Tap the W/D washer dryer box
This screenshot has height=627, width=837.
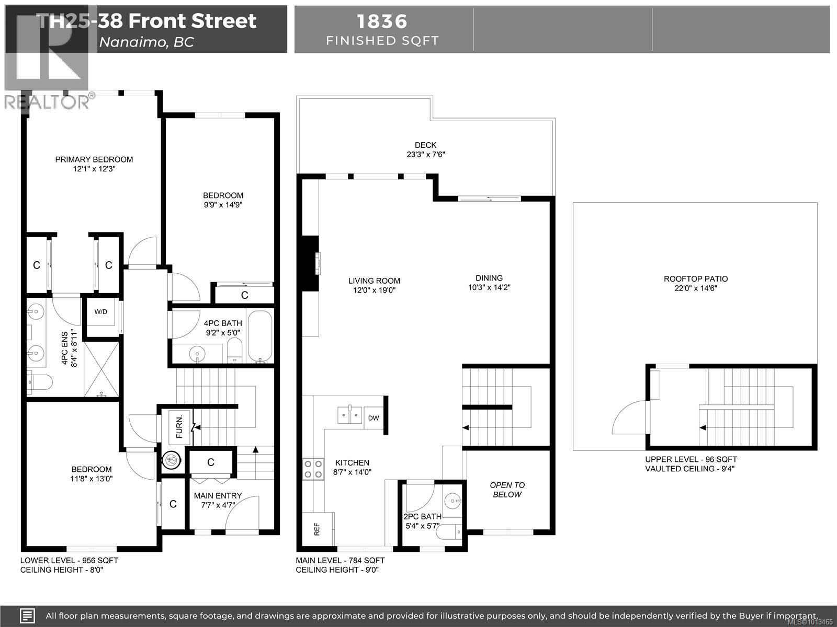pos(101,312)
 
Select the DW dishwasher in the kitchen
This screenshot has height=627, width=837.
pos(374,418)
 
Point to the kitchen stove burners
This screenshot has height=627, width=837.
pos(313,469)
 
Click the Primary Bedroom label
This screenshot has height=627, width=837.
pos(94,159)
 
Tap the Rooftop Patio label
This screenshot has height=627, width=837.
pos(695,279)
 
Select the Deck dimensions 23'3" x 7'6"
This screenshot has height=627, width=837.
pos(425,155)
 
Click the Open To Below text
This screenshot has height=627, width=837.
pos(507,490)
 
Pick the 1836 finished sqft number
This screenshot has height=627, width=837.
pos(382,21)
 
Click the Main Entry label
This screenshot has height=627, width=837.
pos(218,495)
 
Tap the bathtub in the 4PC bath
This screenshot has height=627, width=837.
pos(259,336)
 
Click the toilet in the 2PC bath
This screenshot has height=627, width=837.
pos(450,532)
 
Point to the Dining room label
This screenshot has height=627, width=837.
pos(489,278)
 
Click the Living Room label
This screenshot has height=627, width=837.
pos(374,281)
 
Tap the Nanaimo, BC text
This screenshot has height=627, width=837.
pos(146,42)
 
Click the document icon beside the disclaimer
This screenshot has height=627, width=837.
pos(28,616)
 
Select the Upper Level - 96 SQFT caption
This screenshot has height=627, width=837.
pos(691,459)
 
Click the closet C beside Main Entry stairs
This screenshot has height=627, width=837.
pos(211,462)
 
